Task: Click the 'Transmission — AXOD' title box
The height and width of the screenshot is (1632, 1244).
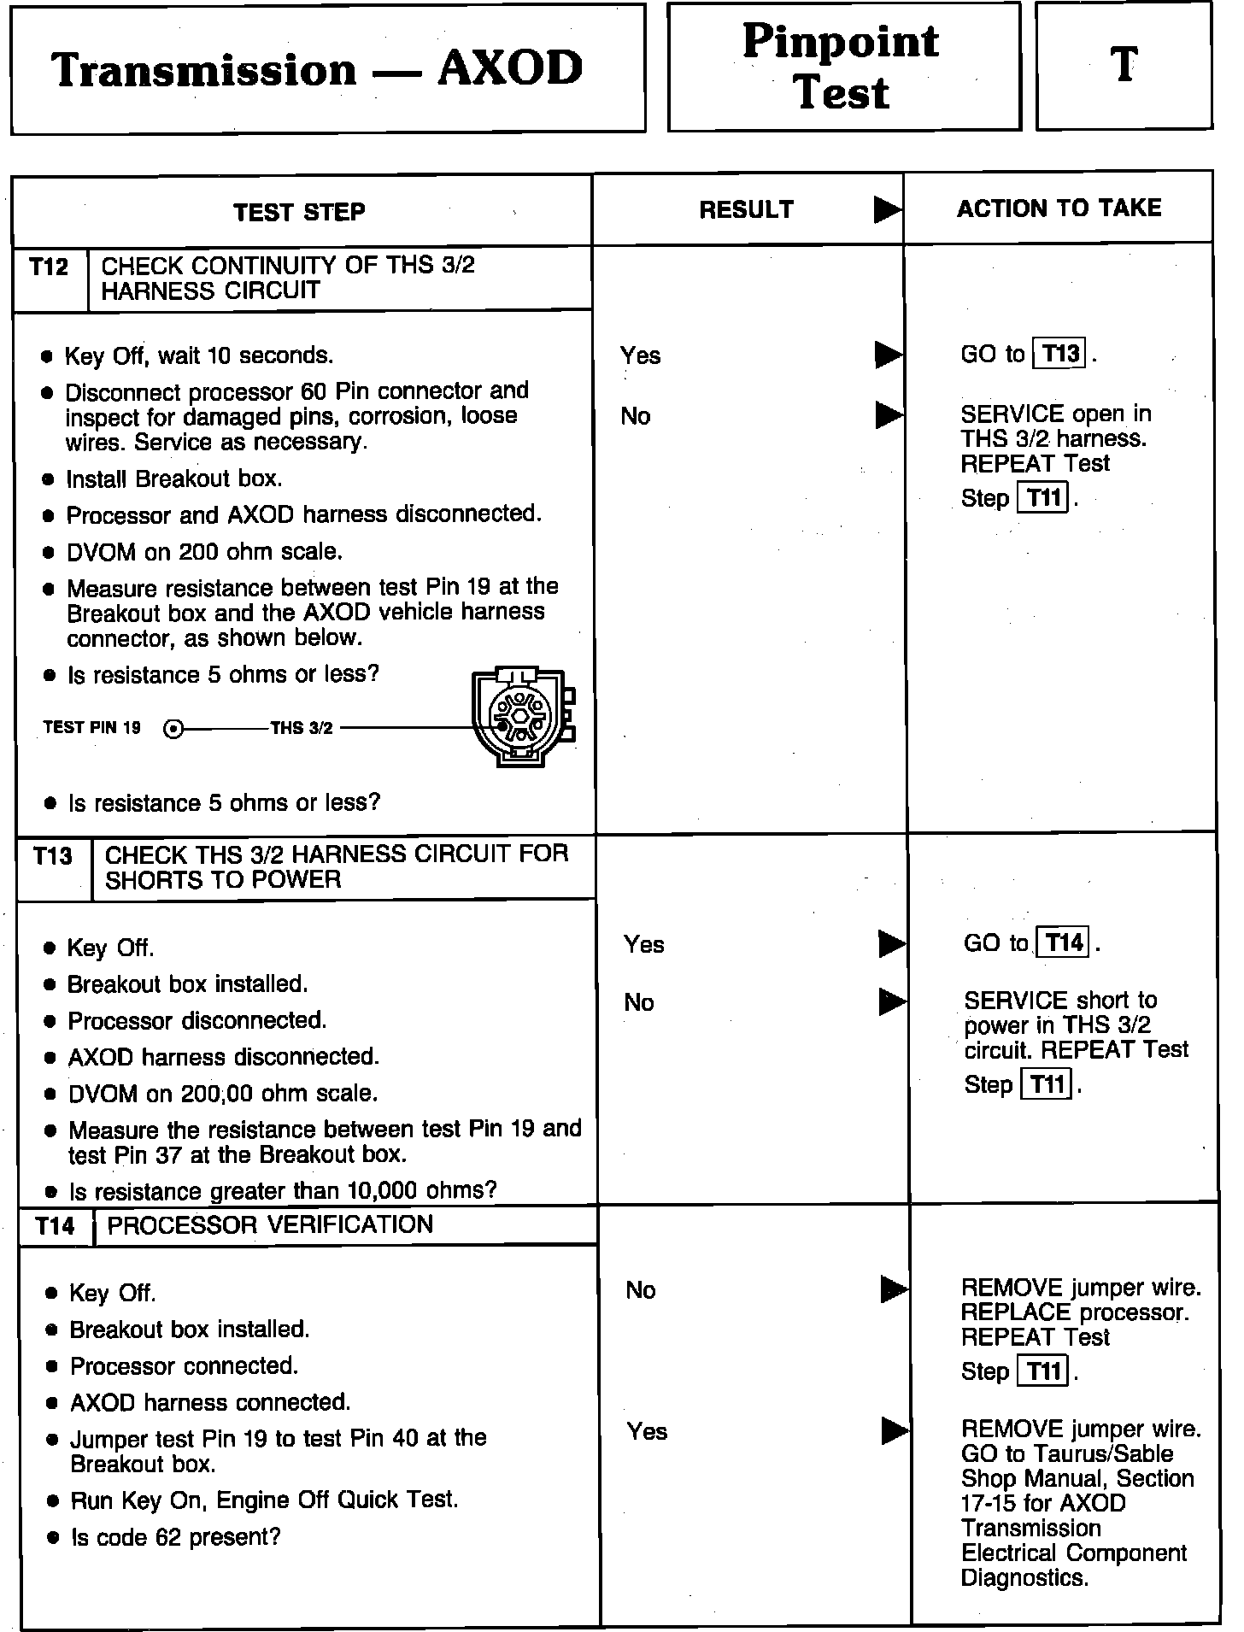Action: pyautogui.click(x=327, y=69)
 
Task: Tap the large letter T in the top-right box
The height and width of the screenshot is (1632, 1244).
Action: pyautogui.click(x=1124, y=65)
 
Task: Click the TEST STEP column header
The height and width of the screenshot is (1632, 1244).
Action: pyautogui.click(x=299, y=212)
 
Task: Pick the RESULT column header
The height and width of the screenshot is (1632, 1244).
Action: pyautogui.click(x=746, y=210)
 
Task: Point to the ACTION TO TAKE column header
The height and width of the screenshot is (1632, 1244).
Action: pyautogui.click(x=1059, y=208)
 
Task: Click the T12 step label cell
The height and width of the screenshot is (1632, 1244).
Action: pyautogui.click(x=49, y=267)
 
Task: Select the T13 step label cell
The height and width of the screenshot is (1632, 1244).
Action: pyautogui.click(x=53, y=856)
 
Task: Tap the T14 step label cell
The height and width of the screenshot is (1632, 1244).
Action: pyautogui.click(x=56, y=1227)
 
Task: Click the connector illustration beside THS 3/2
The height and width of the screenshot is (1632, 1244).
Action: pyautogui.click(x=522, y=715)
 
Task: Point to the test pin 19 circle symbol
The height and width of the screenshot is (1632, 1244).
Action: pyautogui.click(x=173, y=729)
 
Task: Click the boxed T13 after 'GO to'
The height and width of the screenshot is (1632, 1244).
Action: pyautogui.click(x=1059, y=354)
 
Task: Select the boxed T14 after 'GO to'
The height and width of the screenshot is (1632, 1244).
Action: pyautogui.click(x=1062, y=943)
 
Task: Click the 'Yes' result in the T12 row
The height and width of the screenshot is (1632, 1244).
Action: pyautogui.click(x=640, y=355)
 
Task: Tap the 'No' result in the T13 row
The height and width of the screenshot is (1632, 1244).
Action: pyautogui.click(x=639, y=1002)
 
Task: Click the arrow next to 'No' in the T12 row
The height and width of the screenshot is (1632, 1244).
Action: pyautogui.click(x=889, y=415)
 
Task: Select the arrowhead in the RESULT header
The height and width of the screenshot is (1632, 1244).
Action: pyautogui.click(x=888, y=210)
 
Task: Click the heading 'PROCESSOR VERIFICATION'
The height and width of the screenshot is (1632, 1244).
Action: pyautogui.click(x=270, y=1225)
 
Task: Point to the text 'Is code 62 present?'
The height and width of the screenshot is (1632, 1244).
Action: pyautogui.click(x=175, y=1537)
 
